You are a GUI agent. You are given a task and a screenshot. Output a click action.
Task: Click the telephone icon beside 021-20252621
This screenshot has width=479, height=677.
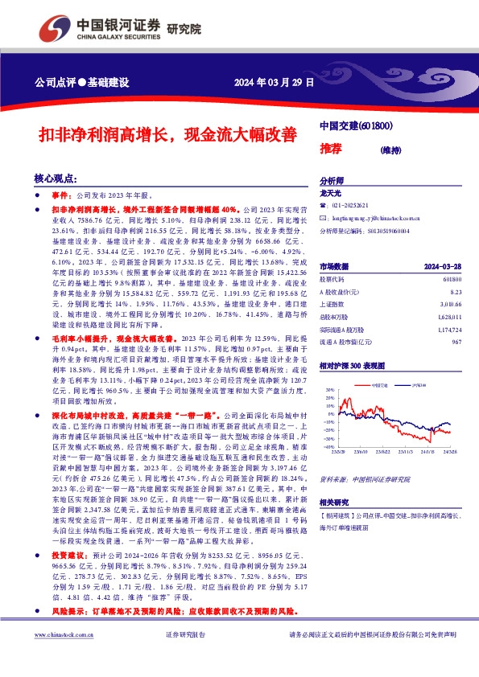[x=323, y=206]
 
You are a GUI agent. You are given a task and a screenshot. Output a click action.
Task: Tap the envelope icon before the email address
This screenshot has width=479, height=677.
[x=323, y=218]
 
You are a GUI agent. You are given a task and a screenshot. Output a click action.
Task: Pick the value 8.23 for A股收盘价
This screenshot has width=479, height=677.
[x=456, y=294]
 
